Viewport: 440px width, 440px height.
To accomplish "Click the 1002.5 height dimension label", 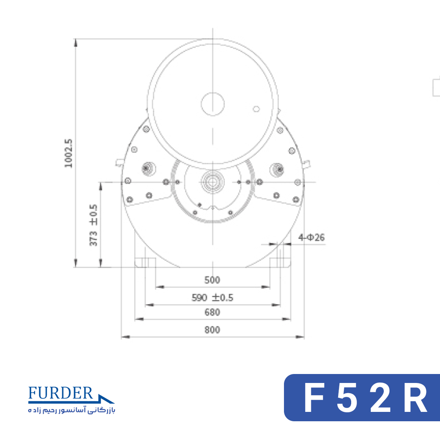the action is [68, 153].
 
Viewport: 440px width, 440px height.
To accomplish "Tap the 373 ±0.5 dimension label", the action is [93, 225].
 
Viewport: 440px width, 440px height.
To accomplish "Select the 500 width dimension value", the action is [212, 280].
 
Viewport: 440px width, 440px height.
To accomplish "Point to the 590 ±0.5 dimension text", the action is [212, 297].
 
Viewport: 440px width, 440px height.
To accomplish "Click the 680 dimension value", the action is [212, 312].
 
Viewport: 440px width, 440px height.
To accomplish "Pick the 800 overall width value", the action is [212, 330].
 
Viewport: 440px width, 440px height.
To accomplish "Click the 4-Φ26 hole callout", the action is [312, 238].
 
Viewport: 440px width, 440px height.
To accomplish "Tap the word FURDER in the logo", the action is [61, 393].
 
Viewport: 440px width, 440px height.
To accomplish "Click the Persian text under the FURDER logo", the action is [72, 410].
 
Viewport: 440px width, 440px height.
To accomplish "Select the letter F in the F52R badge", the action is [314, 398].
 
